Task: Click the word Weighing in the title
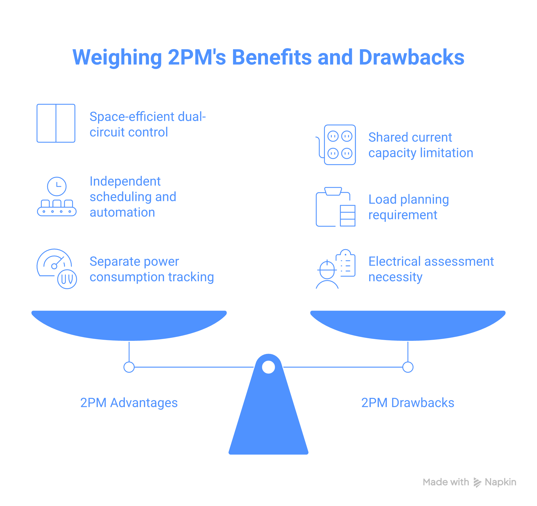pyautogui.click(x=117, y=58)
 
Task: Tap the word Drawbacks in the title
pyautogui.click(x=411, y=58)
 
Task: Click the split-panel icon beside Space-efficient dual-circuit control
pyautogui.click(x=56, y=123)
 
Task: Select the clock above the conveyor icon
pyautogui.click(x=57, y=186)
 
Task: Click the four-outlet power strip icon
pyautogui.click(x=339, y=145)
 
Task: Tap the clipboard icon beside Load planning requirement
pyautogui.click(x=335, y=207)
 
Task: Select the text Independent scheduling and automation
pyautogui.click(x=133, y=197)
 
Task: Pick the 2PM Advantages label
pyautogui.click(x=129, y=403)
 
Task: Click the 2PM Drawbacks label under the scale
pyautogui.click(x=407, y=403)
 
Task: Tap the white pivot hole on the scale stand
pyautogui.click(x=268, y=367)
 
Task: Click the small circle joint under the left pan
pyautogui.click(x=129, y=367)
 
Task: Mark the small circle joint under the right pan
pyautogui.click(x=408, y=367)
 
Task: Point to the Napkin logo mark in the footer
pyautogui.click(x=477, y=482)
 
